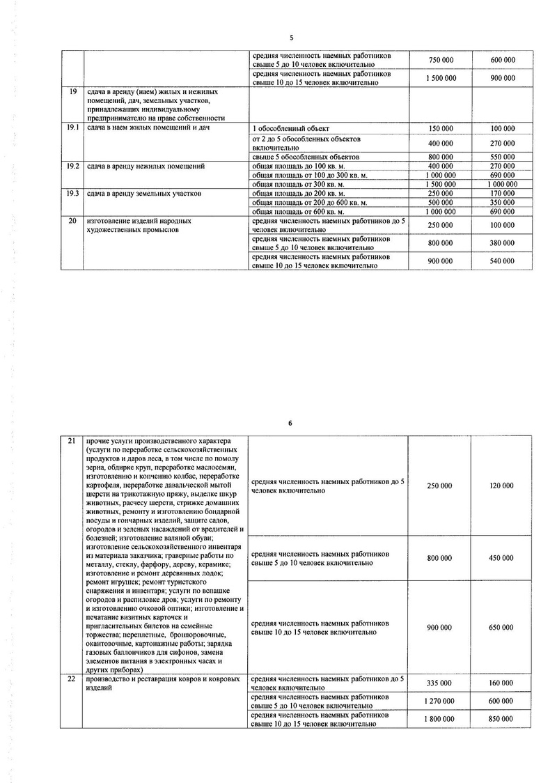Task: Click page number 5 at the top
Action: (292, 38)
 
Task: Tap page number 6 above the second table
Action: (292, 423)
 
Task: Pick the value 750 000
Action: (440, 60)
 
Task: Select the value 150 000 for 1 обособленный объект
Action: (440, 129)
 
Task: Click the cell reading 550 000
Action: (502, 157)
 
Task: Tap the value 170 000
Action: (502, 193)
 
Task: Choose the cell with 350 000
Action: (502, 202)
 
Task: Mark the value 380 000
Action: (502, 243)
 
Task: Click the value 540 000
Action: (502, 261)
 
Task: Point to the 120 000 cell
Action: (501, 486)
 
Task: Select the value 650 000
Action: (501, 628)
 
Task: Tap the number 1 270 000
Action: (439, 701)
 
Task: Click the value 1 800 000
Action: (439, 719)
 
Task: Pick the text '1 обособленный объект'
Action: (286, 129)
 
